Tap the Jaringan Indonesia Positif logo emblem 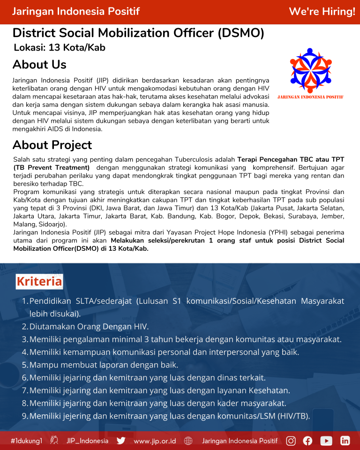[311, 70]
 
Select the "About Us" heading [39, 64]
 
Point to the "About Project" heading [52, 145]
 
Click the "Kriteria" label [39, 281]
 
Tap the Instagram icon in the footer [291, 441]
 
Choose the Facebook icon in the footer [307, 441]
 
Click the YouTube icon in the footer [326, 441]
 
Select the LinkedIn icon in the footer [345, 441]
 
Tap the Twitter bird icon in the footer [121, 441]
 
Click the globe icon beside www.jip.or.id [188, 441]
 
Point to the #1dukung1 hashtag [27, 441]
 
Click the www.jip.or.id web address [155, 441]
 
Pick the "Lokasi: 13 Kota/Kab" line [60, 47]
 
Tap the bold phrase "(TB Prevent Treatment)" [52, 167]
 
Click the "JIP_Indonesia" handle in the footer [87, 441]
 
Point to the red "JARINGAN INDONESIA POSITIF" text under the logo [311, 97]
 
